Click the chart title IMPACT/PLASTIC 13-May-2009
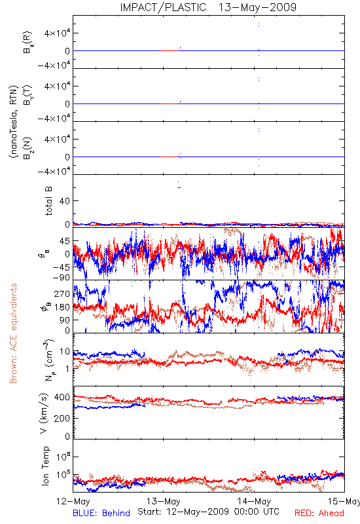(x=208, y=7)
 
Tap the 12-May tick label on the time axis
(x=73, y=501)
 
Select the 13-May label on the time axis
(x=163, y=501)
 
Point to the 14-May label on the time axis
(x=254, y=501)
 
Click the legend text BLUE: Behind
(x=101, y=513)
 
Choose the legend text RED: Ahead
(x=319, y=513)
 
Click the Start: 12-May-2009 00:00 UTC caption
(x=208, y=512)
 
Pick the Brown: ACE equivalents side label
(x=13, y=333)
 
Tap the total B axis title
(x=48, y=200)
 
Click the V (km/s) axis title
(x=44, y=413)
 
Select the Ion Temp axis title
(x=45, y=466)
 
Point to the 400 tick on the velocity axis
(x=62, y=398)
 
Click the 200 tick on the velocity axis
(x=62, y=418)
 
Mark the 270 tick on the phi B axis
(x=62, y=293)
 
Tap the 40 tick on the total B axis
(x=65, y=201)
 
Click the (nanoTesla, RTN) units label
(x=13, y=122)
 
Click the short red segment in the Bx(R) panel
(x=169, y=51)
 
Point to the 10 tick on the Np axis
(x=65, y=352)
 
